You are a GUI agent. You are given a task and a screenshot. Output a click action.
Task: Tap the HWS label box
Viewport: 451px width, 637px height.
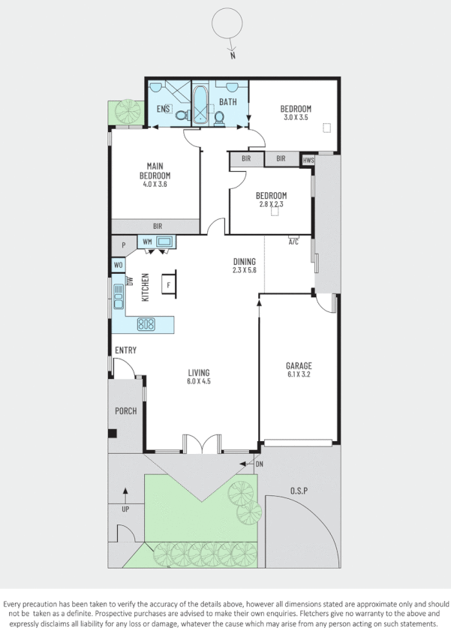click(308, 161)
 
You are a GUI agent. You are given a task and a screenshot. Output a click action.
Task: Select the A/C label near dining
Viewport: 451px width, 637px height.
click(293, 242)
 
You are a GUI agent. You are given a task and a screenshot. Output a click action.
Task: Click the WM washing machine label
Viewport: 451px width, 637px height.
click(147, 242)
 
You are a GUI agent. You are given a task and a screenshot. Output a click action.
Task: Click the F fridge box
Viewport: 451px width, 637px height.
click(169, 285)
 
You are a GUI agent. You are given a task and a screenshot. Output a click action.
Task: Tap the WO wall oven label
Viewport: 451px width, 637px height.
click(118, 265)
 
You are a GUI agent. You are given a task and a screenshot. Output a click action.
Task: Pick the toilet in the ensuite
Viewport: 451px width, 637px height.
click(181, 115)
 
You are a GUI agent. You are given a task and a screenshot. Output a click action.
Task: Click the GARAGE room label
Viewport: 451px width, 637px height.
click(298, 366)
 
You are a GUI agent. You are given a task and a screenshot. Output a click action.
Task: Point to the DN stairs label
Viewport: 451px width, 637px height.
click(260, 464)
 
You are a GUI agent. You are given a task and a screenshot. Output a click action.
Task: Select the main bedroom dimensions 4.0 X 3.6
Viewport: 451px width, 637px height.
click(153, 184)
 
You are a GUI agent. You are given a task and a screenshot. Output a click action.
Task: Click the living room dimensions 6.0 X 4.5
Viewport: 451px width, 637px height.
click(198, 381)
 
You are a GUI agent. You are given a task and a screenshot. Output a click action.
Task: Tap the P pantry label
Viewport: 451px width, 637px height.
click(122, 245)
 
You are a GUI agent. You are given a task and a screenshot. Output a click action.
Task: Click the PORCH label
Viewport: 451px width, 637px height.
click(125, 411)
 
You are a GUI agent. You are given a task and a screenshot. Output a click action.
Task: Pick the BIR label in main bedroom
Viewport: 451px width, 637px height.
click(158, 225)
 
